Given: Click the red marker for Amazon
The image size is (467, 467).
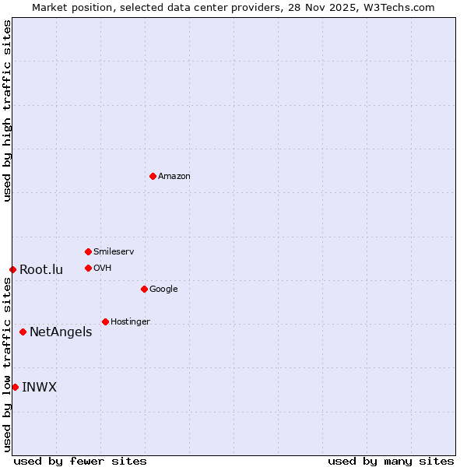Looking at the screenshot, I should click(153, 176).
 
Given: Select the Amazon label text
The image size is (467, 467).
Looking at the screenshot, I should click(174, 177).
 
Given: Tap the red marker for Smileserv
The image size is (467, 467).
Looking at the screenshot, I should click(88, 251).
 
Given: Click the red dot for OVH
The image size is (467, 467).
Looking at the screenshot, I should click(88, 268).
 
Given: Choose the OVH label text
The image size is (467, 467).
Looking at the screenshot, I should click(102, 269).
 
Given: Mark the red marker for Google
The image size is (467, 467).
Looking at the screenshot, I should click(144, 289).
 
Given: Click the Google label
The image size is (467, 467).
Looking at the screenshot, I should click(163, 290).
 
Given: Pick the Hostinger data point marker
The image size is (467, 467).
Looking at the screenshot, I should click(105, 321).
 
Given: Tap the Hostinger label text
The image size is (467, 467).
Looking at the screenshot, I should click(130, 322).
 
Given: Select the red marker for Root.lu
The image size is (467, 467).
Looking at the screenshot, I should click(12, 269).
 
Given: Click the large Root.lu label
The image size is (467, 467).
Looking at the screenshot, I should click(41, 270).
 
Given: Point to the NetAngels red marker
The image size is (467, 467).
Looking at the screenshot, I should click(23, 332).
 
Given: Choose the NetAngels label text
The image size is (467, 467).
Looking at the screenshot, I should click(61, 332).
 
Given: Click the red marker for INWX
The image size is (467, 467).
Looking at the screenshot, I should click(15, 387).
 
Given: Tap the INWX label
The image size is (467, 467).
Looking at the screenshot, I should click(39, 388).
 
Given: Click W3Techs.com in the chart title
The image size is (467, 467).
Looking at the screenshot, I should click(397, 8).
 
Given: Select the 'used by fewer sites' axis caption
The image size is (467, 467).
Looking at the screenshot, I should click(80, 461).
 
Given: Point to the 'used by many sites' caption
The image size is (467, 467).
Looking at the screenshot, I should click(391, 461).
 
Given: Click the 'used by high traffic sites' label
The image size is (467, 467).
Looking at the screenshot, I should click(8, 111).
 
